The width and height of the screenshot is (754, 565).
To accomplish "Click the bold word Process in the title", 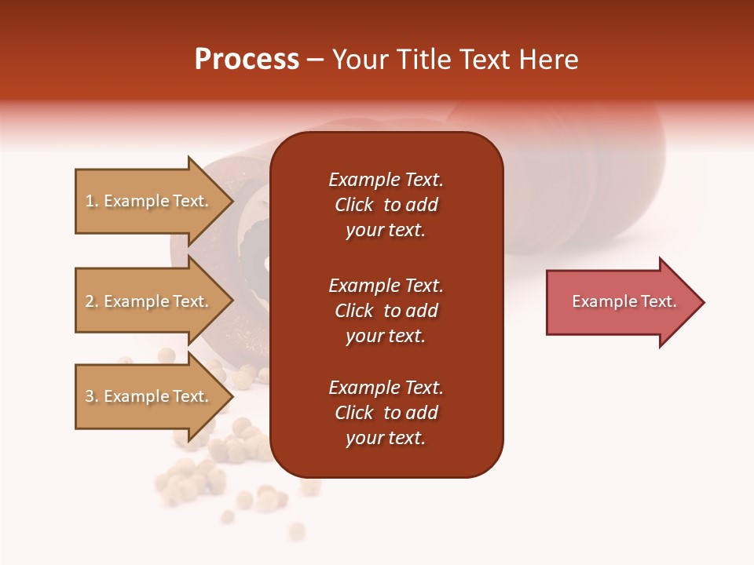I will [247, 60].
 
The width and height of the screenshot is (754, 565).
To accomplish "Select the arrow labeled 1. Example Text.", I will [149, 201].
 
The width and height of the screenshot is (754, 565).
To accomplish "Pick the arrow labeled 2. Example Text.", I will [149, 301].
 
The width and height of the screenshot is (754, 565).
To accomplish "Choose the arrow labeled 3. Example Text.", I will [149, 396].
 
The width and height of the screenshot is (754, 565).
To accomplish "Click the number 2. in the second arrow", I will [92, 301].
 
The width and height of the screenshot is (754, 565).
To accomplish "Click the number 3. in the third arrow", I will [92, 396].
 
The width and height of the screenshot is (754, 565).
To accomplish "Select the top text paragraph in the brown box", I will [386, 205].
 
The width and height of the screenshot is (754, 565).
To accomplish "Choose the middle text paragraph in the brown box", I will [386, 311].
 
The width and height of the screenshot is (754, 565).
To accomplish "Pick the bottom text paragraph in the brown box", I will [386, 413].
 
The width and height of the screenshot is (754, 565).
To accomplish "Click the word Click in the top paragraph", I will [354, 205].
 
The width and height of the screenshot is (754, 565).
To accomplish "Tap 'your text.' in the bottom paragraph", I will [386, 438].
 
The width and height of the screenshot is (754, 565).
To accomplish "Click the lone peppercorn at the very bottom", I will [296, 531].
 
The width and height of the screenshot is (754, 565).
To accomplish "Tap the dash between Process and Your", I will [316, 60].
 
